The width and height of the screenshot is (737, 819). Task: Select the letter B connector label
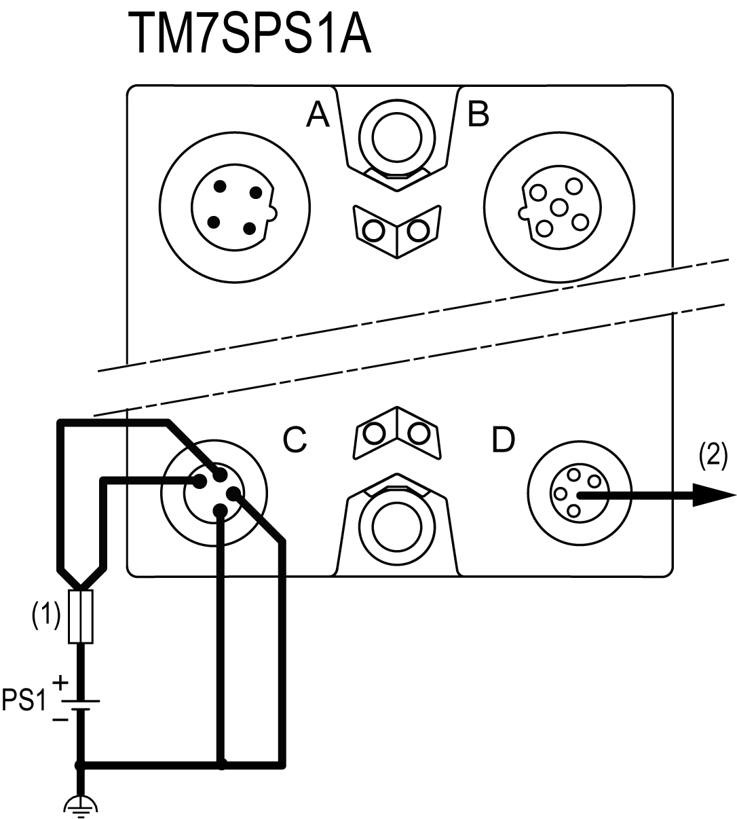tap(478, 114)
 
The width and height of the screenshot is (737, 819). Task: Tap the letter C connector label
tap(295, 440)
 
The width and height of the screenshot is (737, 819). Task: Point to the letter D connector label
tap(503, 440)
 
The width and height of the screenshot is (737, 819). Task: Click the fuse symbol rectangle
tap(81, 617)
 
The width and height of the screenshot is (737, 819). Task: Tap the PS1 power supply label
tap(23, 700)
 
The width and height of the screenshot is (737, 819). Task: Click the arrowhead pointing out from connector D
tap(713, 494)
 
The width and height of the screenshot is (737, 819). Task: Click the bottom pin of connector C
tap(220, 510)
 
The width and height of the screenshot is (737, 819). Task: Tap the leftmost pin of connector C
tap(200, 481)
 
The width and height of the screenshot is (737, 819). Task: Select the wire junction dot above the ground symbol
tap(80, 765)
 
